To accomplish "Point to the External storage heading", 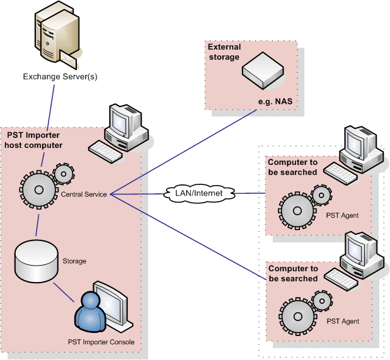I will tap(224, 52).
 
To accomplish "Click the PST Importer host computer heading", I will tap(34, 140).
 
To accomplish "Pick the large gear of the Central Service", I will tap(39, 189).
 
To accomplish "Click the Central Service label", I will tap(83, 194).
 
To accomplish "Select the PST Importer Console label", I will tap(101, 342).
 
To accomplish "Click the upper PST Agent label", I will tap(343, 216).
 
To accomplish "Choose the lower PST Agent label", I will tap(343, 322).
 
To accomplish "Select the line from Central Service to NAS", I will tap(183, 151).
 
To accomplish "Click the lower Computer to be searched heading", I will tap(293, 274).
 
